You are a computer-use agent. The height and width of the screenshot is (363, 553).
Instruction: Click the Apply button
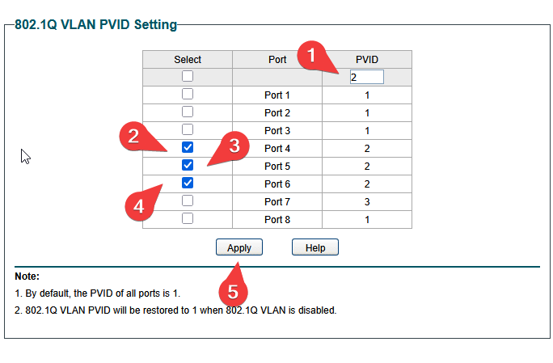(239, 247)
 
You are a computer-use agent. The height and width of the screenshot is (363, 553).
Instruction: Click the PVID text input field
(367, 77)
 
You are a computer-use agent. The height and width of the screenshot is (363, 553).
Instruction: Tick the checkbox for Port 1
(188, 95)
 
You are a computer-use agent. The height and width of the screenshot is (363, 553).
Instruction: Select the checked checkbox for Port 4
(188, 147)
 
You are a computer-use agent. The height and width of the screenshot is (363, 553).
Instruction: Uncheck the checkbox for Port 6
(188, 183)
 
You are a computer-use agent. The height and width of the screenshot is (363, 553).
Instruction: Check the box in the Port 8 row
(188, 218)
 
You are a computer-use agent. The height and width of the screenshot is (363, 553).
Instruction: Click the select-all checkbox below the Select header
(188, 76)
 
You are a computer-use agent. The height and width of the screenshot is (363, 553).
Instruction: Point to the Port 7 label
(277, 202)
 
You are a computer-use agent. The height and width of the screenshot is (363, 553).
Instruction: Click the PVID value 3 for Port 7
(367, 202)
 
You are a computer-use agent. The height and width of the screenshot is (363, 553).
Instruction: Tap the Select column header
(188, 60)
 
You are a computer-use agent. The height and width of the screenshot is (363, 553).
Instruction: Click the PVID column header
(367, 60)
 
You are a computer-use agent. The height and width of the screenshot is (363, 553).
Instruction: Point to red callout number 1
(312, 56)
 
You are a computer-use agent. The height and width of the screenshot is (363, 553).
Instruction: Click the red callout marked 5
(233, 291)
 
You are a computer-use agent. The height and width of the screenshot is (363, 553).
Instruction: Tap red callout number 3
(234, 146)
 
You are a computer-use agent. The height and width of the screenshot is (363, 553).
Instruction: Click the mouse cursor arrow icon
(25, 156)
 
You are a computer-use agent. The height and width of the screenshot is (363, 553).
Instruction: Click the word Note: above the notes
(27, 276)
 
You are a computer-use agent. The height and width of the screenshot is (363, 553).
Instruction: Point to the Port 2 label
(277, 113)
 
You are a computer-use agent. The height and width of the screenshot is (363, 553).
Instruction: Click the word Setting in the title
(155, 25)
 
